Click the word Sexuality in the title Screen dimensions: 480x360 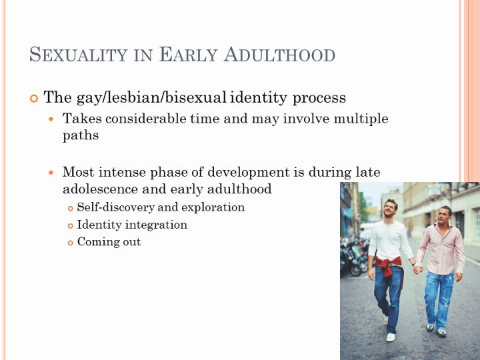pos(79,55)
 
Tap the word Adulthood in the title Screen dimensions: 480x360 pos(279,55)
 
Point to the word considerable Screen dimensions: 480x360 pos(146,119)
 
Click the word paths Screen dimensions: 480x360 pos(81,135)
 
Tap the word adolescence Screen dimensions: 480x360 pos(101,189)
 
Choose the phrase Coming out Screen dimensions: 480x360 pos(109,242)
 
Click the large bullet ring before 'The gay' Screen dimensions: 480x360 pos(34,99)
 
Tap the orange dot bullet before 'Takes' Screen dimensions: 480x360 pos(51,119)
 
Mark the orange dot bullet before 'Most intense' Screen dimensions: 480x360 pos(51,173)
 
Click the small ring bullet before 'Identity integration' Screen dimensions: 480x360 pos(71,226)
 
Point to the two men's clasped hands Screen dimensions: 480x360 pos(418,270)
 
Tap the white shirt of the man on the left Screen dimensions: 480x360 pos(389,240)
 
